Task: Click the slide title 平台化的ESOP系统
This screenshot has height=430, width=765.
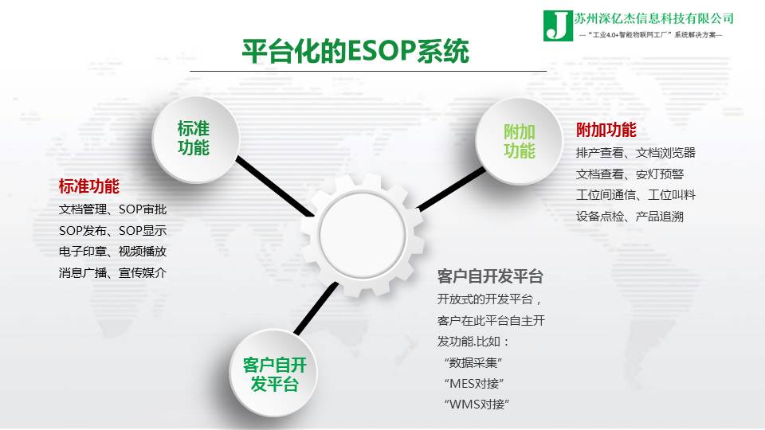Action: (x=355, y=51)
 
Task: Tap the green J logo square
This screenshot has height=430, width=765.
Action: (x=558, y=25)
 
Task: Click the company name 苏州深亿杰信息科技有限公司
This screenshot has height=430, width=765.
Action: (x=653, y=18)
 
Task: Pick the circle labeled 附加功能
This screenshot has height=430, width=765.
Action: (x=519, y=141)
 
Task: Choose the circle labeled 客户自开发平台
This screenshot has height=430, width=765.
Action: (x=273, y=373)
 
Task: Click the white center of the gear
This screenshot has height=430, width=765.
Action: (x=362, y=234)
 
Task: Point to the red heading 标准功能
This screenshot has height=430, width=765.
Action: (x=88, y=186)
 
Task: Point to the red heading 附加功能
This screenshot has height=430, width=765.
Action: (x=606, y=130)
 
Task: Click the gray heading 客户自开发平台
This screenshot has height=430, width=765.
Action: (x=490, y=276)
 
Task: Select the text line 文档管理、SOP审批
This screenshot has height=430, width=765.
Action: (x=112, y=209)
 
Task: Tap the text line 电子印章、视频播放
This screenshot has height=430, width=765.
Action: (x=112, y=252)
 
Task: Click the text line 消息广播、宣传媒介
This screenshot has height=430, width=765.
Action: (x=112, y=272)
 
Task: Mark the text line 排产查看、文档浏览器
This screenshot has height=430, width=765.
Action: (x=636, y=153)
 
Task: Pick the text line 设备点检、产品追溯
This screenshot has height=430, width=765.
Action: (x=630, y=216)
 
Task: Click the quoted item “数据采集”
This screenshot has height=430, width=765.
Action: (x=473, y=363)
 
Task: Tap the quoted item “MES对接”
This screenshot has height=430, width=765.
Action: (x=473, y=384)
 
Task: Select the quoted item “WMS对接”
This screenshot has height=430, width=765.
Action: (x=477, y=405)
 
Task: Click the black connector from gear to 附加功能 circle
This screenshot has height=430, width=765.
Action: (x=452, y=190)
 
